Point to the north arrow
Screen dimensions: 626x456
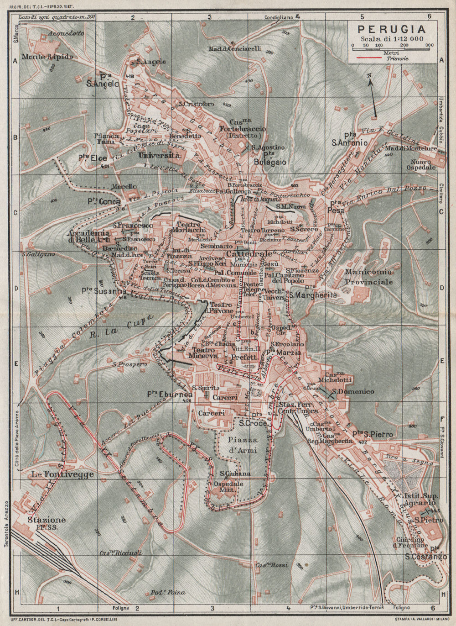pyautogui.click(x=373, y=97)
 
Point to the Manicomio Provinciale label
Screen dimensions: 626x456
pyautogui.click(x=369, y=277)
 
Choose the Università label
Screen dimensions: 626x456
pyautogui.click(x=159, y=156)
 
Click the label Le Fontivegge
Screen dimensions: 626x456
pyautogui.click(x=62, y=474)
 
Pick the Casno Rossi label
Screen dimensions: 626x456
pyautogui.click(x=272, y=565)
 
